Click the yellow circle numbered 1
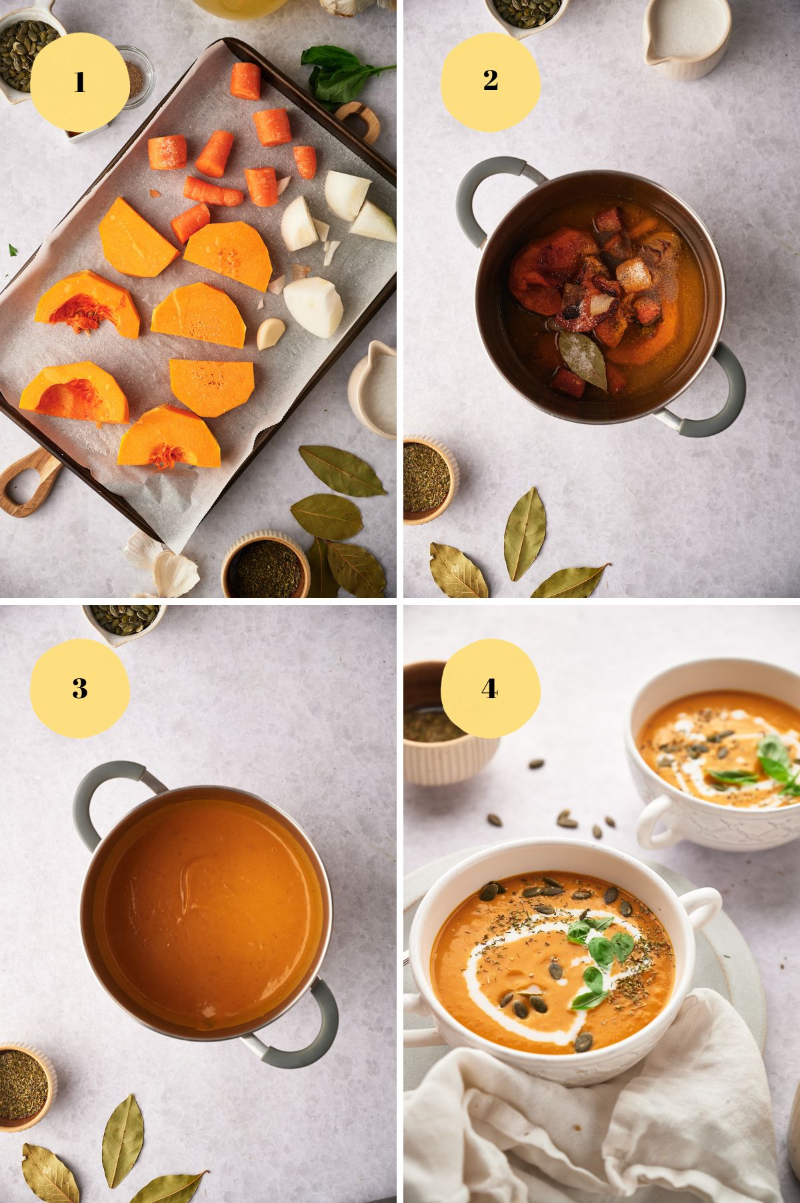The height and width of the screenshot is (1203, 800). pos(79,82)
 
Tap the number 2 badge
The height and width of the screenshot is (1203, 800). pos(491,81)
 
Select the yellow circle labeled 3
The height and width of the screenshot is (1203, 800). pos(79,688)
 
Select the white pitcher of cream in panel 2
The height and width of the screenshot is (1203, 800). pos(681,37)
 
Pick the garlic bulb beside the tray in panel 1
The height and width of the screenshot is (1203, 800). pos(167,567)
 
